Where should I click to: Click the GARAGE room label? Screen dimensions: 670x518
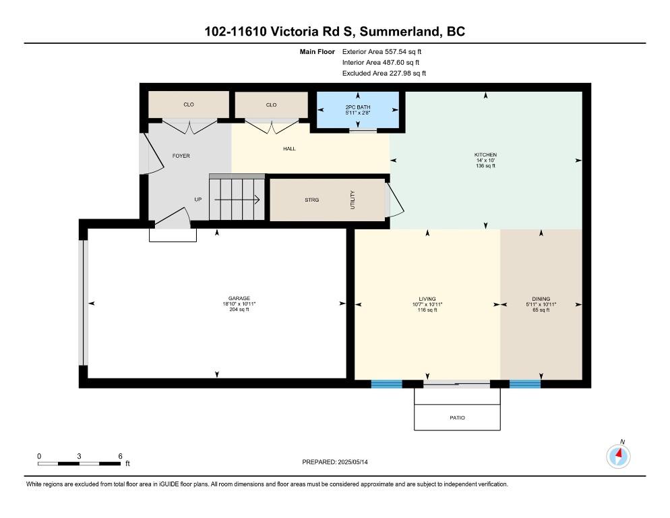pyautogui.click(x=239, y=299)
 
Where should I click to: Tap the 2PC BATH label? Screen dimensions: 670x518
pyautogui.click(x=358, y=107)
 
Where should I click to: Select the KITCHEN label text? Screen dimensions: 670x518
pyautogui.click(x=485, y=155)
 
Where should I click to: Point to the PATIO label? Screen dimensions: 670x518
pyautogui.click(x=457, y=418)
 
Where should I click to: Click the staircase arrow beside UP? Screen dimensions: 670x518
pyautogui.click(x=237, y=200)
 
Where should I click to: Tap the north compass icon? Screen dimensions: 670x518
pyautogui.click(x=618, y=456)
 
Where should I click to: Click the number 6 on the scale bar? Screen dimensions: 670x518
pyautogui.click(x=120, y=456)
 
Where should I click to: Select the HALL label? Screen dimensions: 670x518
pyautogui.click(x=289, y=149)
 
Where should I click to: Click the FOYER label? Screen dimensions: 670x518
pyautogui.click(x=181, y=156)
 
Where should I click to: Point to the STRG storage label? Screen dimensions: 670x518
pyautogui.click(x=312, y=200)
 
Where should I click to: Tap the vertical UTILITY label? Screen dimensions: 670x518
pyautogui.click(x=353, y=200)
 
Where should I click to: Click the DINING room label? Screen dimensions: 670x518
pyautogui.click(x=541, y=299)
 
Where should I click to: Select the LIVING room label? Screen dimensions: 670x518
pyautogui.click(x=427, y=299)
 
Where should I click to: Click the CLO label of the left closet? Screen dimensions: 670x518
pyautogui.click(x=189, y=105)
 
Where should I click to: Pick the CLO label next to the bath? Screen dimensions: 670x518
pyautogui.click(x=272, y=105)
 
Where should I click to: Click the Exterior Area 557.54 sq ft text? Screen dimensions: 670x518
pyautogui.click(x=382, y=52)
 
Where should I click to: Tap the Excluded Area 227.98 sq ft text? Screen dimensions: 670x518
pyautogui.click(x=384, y=73)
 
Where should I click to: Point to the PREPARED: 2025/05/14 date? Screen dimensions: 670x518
pyautogui.click(x=335, y=462)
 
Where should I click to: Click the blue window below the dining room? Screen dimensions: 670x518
pyautogui.click(x=524, y=384)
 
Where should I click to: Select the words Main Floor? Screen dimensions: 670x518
pyautogui.click(x=317, y=52)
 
